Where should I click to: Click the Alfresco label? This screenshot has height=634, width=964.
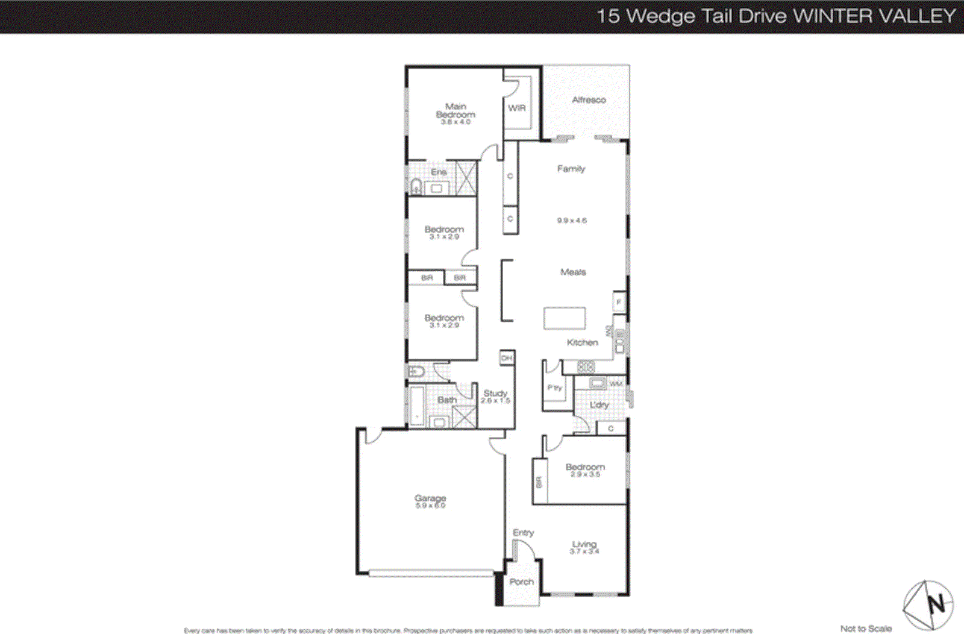589,100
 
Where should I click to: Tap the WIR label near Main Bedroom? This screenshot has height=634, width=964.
517,108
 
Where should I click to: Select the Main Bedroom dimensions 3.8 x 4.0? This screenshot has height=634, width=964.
455,122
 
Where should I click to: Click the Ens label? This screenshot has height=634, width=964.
439,172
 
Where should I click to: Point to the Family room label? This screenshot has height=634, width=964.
571,169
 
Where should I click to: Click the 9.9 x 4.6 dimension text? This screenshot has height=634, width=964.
572,221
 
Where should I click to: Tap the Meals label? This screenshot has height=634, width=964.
573,272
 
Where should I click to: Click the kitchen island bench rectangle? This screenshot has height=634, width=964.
565,318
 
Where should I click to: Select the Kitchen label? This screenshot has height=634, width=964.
582,342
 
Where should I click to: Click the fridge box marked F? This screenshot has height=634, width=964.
619,302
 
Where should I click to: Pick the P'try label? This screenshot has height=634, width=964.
554,388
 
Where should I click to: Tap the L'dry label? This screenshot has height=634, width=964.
599,405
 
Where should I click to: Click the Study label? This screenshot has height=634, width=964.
495,393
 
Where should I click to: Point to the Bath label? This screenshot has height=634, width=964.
446,400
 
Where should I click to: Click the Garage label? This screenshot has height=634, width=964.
430,498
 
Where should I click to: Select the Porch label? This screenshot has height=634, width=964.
521,582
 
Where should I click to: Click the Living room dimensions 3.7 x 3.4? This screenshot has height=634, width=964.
584,551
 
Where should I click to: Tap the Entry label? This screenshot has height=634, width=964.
523,533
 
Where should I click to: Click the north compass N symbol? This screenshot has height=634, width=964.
936,603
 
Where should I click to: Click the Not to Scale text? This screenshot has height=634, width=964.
866,628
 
